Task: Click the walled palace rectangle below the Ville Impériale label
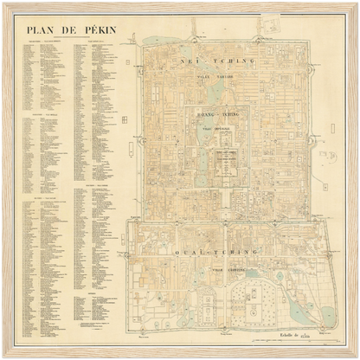pyautogui.click(x=226, y=162)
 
